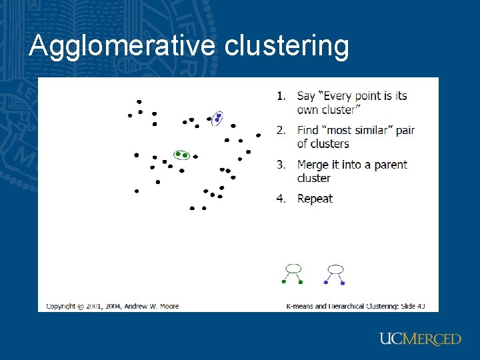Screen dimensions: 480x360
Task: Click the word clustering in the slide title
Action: [287, 46]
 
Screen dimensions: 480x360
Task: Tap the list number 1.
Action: [281, 95]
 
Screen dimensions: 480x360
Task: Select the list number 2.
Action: [281, 130]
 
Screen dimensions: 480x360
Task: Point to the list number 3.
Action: [281, 164]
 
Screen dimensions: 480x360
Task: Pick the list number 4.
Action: [281, 198]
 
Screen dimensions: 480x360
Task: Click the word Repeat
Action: [315, 199]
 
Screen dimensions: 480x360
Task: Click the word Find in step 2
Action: [308, 130]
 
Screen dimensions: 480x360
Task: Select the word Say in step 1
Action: [306, 96]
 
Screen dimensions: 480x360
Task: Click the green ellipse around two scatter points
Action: [181, 155]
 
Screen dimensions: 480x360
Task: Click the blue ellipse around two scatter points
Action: [217, 118]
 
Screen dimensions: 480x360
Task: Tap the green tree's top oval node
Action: [293, 269]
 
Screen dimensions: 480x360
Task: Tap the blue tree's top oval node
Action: [335, 269]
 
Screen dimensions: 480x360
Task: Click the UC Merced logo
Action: [420, 339]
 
